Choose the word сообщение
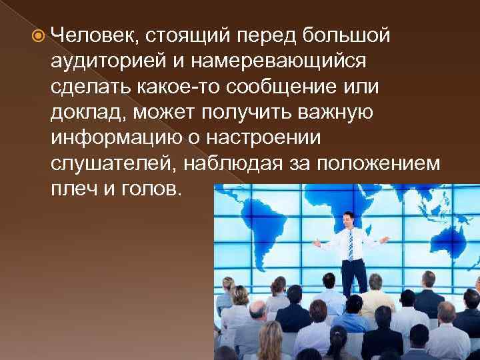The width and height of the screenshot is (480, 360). pos(282,87)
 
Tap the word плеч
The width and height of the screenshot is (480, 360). pos(71,190)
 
